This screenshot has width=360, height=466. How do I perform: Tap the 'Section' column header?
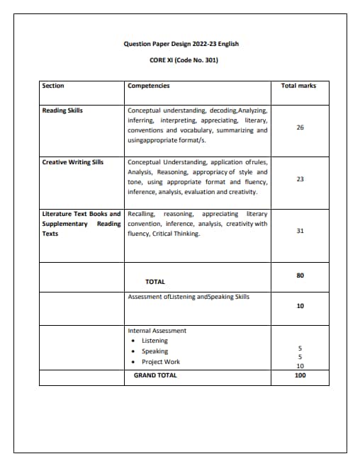click(53, 86)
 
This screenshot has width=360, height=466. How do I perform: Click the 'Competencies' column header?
click(149, 86)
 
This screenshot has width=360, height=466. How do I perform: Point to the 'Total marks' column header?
click(299, 86)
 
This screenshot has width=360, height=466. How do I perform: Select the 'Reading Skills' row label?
click(62, 111)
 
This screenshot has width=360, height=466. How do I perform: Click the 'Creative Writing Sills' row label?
click(73, 162)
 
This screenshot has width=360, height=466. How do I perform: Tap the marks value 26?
click(300, 127)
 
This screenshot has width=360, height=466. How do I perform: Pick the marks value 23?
click(300, 179)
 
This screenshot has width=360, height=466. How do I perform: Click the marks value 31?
click(300, 231)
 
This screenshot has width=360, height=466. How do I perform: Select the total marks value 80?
click(300, 275)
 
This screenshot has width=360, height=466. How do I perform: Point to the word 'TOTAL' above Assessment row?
click(155, 282)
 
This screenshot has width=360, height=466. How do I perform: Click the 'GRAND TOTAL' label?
click(155, 375)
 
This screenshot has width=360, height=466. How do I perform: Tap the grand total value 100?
click(300, 375)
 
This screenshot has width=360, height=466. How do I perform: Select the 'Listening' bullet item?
click(155, 341)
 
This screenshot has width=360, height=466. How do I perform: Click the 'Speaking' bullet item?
click(155, 351)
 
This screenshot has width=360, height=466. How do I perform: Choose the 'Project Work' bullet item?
click(161, 362)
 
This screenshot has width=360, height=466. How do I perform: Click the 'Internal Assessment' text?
click(157, 331)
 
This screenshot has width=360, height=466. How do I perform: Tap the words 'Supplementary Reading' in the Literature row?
click(81, 224)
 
